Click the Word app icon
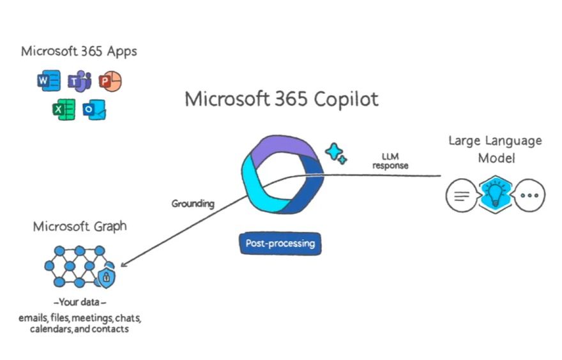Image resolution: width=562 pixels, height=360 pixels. pos(49,82)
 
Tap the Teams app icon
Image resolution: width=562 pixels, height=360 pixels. pos(80,82)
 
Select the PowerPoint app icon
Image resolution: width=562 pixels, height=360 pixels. pos(110,81)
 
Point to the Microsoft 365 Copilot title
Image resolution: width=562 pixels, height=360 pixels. pos(282,99)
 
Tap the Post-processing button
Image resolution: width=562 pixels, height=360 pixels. pos(280,244)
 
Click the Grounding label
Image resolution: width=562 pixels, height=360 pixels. pos(193,204)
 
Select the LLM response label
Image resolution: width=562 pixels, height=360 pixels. pos(390,161)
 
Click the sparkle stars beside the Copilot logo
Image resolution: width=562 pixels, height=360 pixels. pos(335,153)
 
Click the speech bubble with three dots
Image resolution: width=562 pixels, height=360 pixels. pos(529,196)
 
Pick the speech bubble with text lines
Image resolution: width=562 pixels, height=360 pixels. pos(460,196)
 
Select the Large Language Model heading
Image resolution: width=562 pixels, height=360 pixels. pos(495,148)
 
